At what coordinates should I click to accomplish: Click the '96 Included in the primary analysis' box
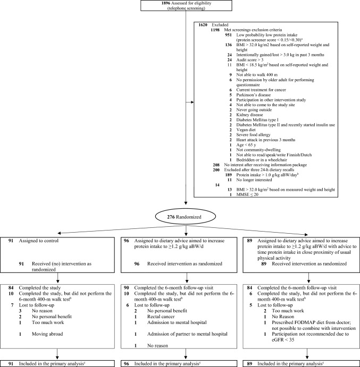point(179,363)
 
